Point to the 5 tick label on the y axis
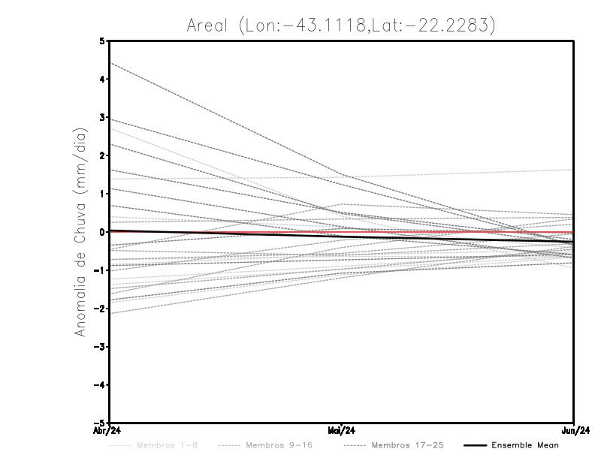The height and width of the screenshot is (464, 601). point(102,41)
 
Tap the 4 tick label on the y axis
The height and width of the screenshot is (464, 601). point(102,79)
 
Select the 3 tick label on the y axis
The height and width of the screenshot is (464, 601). point(102,117)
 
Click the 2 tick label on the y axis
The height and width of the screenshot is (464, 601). point(102,155)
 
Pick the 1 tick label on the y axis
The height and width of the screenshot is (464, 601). point(102,194)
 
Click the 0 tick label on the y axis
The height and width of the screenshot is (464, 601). point(102,232)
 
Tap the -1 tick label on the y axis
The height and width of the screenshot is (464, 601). point(100,270)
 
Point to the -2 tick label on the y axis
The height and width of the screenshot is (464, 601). point(100,309)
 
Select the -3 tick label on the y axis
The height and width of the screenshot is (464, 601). point(100,347)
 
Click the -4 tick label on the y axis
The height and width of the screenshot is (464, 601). point(100,385)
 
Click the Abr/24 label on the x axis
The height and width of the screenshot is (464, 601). point(110,431)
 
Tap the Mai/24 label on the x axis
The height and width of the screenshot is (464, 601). point(342,431)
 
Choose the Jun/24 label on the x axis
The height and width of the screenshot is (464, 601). point(574,431)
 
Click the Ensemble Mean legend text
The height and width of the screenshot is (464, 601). point(525,445)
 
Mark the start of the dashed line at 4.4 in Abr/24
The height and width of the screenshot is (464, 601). point(110,63)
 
